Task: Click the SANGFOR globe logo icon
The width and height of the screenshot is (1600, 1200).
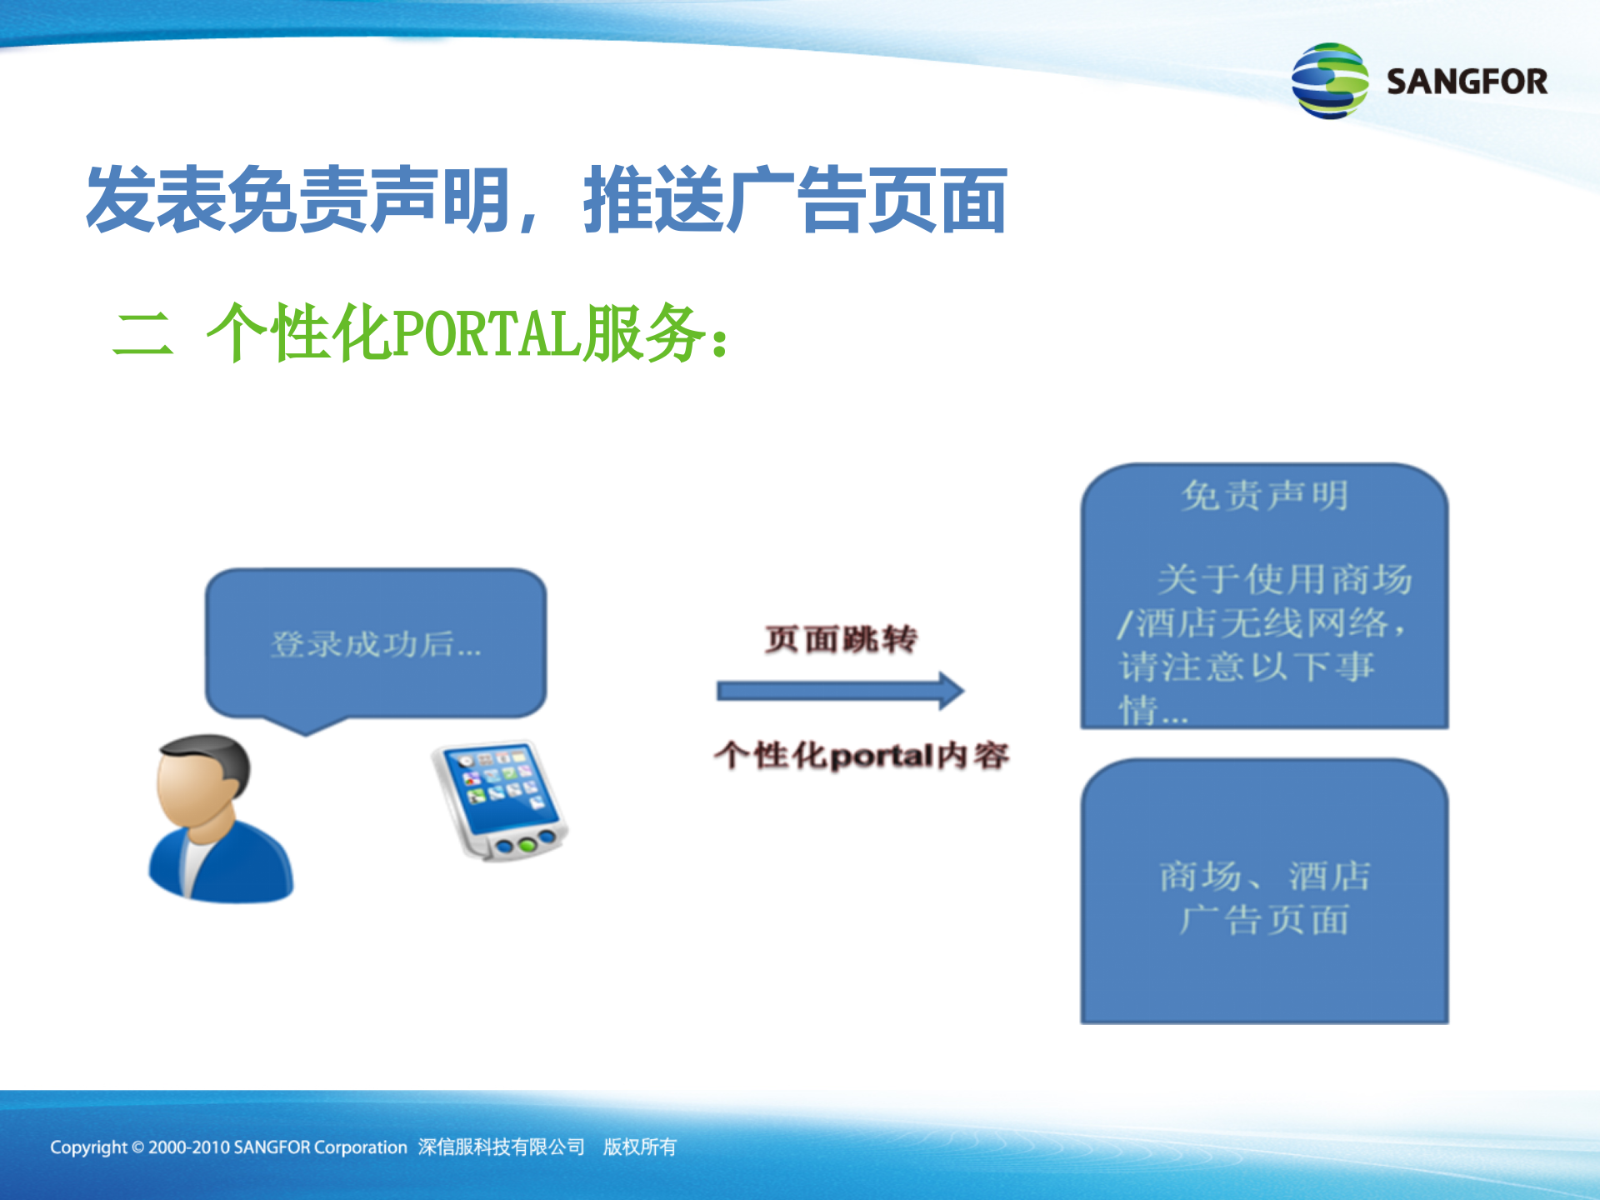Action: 1329,81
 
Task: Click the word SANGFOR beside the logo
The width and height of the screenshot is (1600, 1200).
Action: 1466,82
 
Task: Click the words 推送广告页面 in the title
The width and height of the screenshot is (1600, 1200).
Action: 795,200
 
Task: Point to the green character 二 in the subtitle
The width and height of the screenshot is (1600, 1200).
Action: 143,334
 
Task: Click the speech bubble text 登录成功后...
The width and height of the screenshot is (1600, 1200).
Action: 375,644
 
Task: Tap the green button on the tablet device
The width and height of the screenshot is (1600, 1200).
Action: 526,845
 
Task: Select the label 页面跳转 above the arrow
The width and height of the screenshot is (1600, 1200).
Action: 840,639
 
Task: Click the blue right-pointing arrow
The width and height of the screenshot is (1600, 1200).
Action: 840,691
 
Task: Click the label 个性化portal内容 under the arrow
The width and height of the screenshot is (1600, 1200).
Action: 861,756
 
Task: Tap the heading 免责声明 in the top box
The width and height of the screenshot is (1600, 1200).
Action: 1264,496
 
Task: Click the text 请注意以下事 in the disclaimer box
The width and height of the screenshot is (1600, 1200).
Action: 1246,667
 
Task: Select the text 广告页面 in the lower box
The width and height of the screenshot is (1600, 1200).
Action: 1264,920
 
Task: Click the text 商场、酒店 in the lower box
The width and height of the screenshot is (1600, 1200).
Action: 1264,876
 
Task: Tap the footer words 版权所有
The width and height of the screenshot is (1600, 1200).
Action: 639,1147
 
